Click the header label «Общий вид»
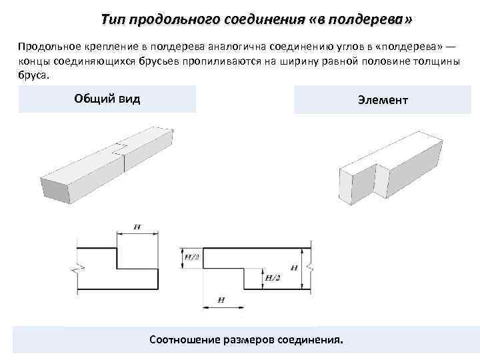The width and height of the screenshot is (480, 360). coord(107,99)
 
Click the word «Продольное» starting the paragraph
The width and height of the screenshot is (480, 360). coord(46,46)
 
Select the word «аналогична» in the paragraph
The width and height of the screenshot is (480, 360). coord(220,46)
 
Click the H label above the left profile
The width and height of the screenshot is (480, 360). coord(137,227)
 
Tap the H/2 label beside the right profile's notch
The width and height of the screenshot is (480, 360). coord(272,277)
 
